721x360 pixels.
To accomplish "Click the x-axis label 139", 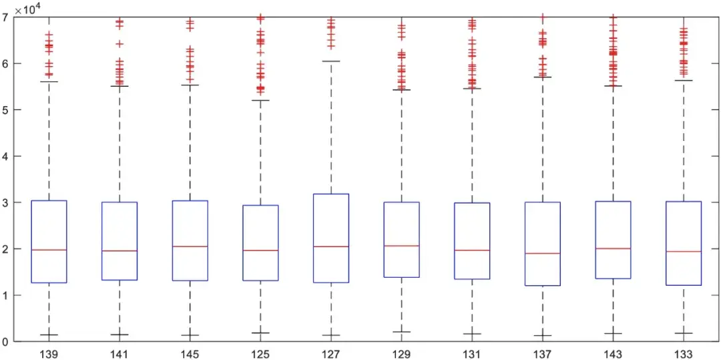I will tap(49, 354).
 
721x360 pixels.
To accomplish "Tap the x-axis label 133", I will tap(684, 354).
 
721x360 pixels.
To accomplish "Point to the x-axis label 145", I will tap(190, 354).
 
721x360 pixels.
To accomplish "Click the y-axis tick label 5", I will tap(5, 110).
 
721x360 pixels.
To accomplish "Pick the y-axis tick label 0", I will tap(5, 341).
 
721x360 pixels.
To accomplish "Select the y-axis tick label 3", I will tap(5, 202).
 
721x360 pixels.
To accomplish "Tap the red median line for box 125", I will tap(260, 250).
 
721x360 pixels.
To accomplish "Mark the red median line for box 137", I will tap(543, 253).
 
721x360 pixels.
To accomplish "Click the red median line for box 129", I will tap(402, 246).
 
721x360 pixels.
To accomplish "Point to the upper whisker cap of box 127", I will tap(331, 61).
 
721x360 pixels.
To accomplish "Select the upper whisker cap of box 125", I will tap(260, 100).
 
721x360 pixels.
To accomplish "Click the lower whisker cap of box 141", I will tap(119, 335).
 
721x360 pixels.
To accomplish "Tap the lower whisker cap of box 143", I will tap(613, 333).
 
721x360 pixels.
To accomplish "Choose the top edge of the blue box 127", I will tap(331, 194).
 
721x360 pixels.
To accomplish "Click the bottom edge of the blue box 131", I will tap(472, 279).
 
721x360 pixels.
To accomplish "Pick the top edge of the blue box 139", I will tap(49, 200).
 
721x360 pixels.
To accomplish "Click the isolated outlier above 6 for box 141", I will tap(119, 43).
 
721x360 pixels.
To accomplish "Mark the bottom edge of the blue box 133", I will tap(684, 285).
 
